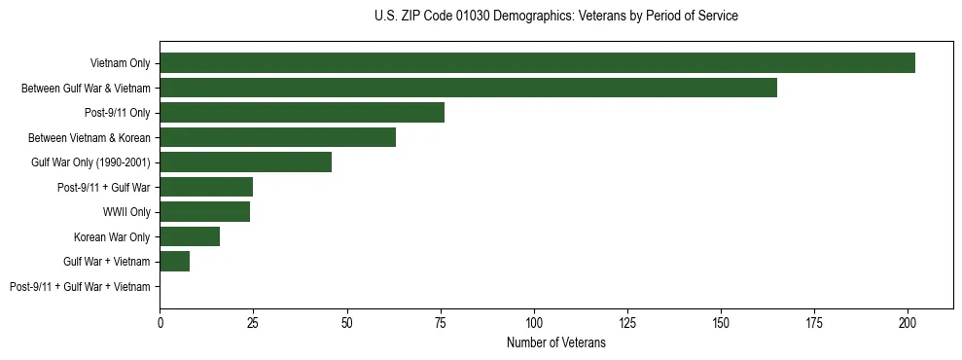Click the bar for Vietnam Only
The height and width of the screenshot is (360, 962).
click(x=537, y=63)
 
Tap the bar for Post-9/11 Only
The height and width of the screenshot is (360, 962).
click(x=302, y=113)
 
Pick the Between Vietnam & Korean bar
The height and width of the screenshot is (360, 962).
click(x=277, y=137)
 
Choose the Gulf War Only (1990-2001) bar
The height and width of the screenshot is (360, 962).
click(x=245, y=162)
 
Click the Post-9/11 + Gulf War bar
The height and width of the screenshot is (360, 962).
click(x=206, y=187)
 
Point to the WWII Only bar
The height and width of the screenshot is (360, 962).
click(x=204, y=212)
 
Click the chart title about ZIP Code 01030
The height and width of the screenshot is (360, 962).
click(x=555, y=17)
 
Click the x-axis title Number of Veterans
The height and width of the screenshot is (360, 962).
click(x=555, y=343)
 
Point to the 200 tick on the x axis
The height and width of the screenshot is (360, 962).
click(x=908, y=321)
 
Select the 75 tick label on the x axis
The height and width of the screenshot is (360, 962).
click(x=441, y=321)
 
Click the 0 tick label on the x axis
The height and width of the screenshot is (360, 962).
click(x=160, y=321)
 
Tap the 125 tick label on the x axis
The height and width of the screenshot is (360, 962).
click(x=627, y=321)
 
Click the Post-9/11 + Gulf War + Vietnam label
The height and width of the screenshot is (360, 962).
click(x=80, y=287)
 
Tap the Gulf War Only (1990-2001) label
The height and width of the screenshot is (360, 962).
click(x=90, y=162)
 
